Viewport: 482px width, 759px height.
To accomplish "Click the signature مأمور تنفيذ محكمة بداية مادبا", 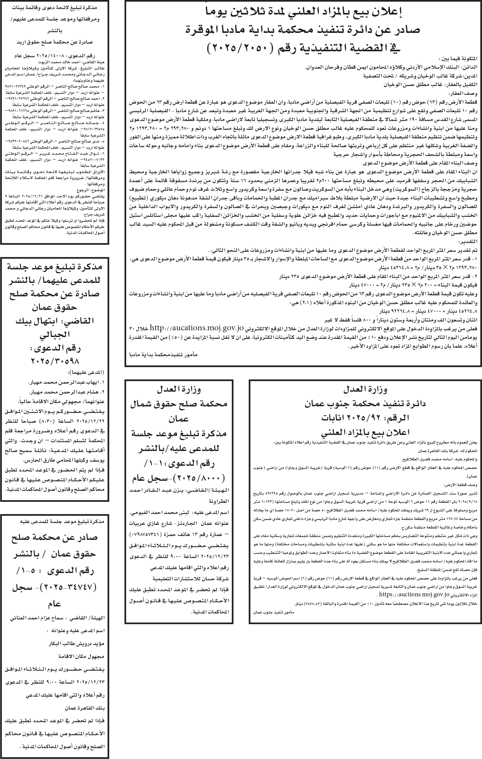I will (x=164, y=354).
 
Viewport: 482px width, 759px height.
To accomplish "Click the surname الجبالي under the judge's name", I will (x=55, y=334).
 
